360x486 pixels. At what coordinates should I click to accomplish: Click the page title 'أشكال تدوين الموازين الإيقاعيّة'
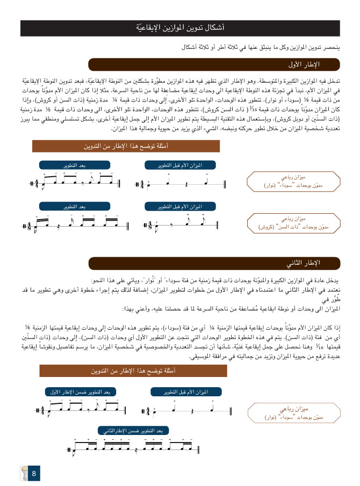pos(179,26)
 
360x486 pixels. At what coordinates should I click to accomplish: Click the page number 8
pos(34,474)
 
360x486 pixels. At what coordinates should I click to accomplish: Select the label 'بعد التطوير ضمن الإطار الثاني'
pos(134,430)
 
